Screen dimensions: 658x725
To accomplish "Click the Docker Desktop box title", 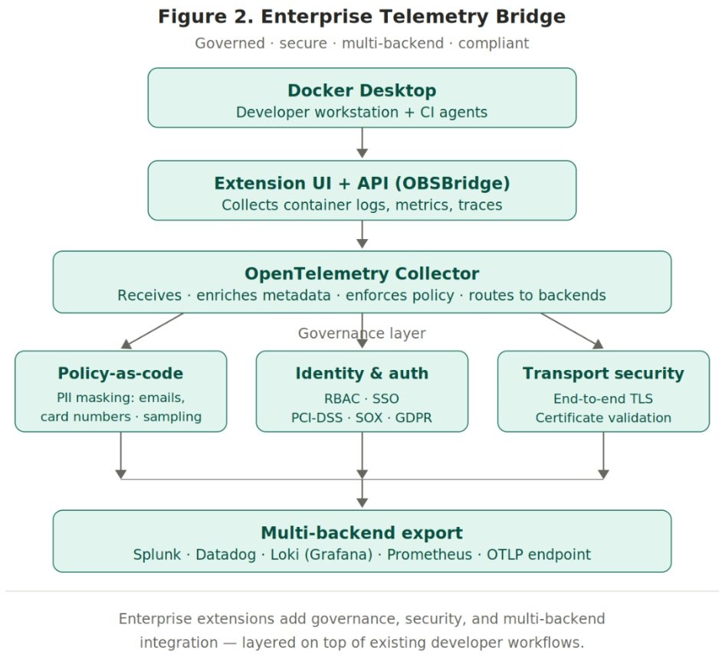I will (x=362, y=90).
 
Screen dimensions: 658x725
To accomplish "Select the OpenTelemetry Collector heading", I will (x=362, y=274).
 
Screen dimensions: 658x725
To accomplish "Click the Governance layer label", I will (x=362, y=333).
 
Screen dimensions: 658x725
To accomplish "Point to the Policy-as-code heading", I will (x=120, y=374).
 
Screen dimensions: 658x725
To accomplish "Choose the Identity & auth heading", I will (x=362, y=374).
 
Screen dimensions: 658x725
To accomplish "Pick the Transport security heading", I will (x=603, y=374).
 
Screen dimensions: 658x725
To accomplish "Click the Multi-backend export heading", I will (x=362, y=533).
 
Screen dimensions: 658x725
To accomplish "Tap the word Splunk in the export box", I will (x=158, y=555).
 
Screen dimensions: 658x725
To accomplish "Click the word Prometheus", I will (x=429, y=555).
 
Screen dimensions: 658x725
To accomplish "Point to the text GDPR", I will (x=414, y=418).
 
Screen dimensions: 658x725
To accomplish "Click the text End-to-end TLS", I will (x=603, y=398).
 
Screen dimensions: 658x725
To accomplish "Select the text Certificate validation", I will (x=603, y=418).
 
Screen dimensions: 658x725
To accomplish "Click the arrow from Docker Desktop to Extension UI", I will (x=362, y=143).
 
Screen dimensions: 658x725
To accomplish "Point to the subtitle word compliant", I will (x=494, y=44).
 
